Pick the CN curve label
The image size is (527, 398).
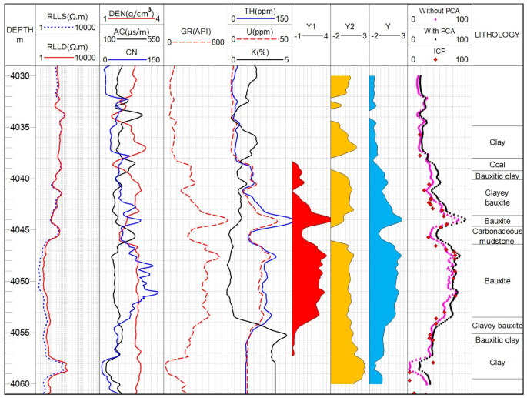[x=132, y=52]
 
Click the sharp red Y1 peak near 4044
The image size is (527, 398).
[x=326, y=219]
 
